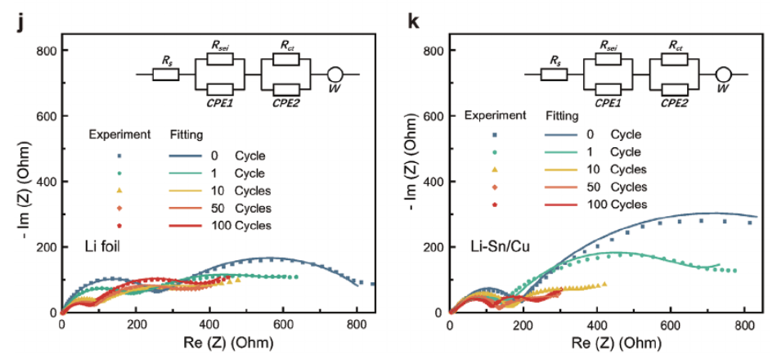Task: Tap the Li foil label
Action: click(x=103, y=246)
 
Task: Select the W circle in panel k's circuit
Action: click(x=722, y=74)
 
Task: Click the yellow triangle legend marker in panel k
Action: click(x=494, y=169)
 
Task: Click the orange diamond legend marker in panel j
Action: click(x=119, y=207)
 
